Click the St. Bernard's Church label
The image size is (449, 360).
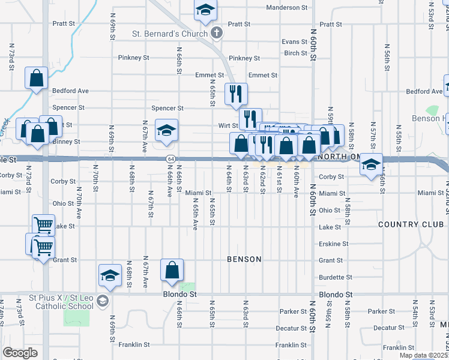[170, 34]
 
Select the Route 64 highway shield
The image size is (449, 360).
[171, 158]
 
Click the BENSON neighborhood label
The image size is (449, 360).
[244, 259]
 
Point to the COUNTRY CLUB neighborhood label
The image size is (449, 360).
[411, 224]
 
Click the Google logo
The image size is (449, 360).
[20, 353]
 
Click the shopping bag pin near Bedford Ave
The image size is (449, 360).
[36, 78]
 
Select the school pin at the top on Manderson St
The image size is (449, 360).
[205, 10]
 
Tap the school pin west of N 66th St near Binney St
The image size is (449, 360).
[166, 130]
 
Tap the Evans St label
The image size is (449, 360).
[295, 42]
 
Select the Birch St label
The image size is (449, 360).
[296, 53]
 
